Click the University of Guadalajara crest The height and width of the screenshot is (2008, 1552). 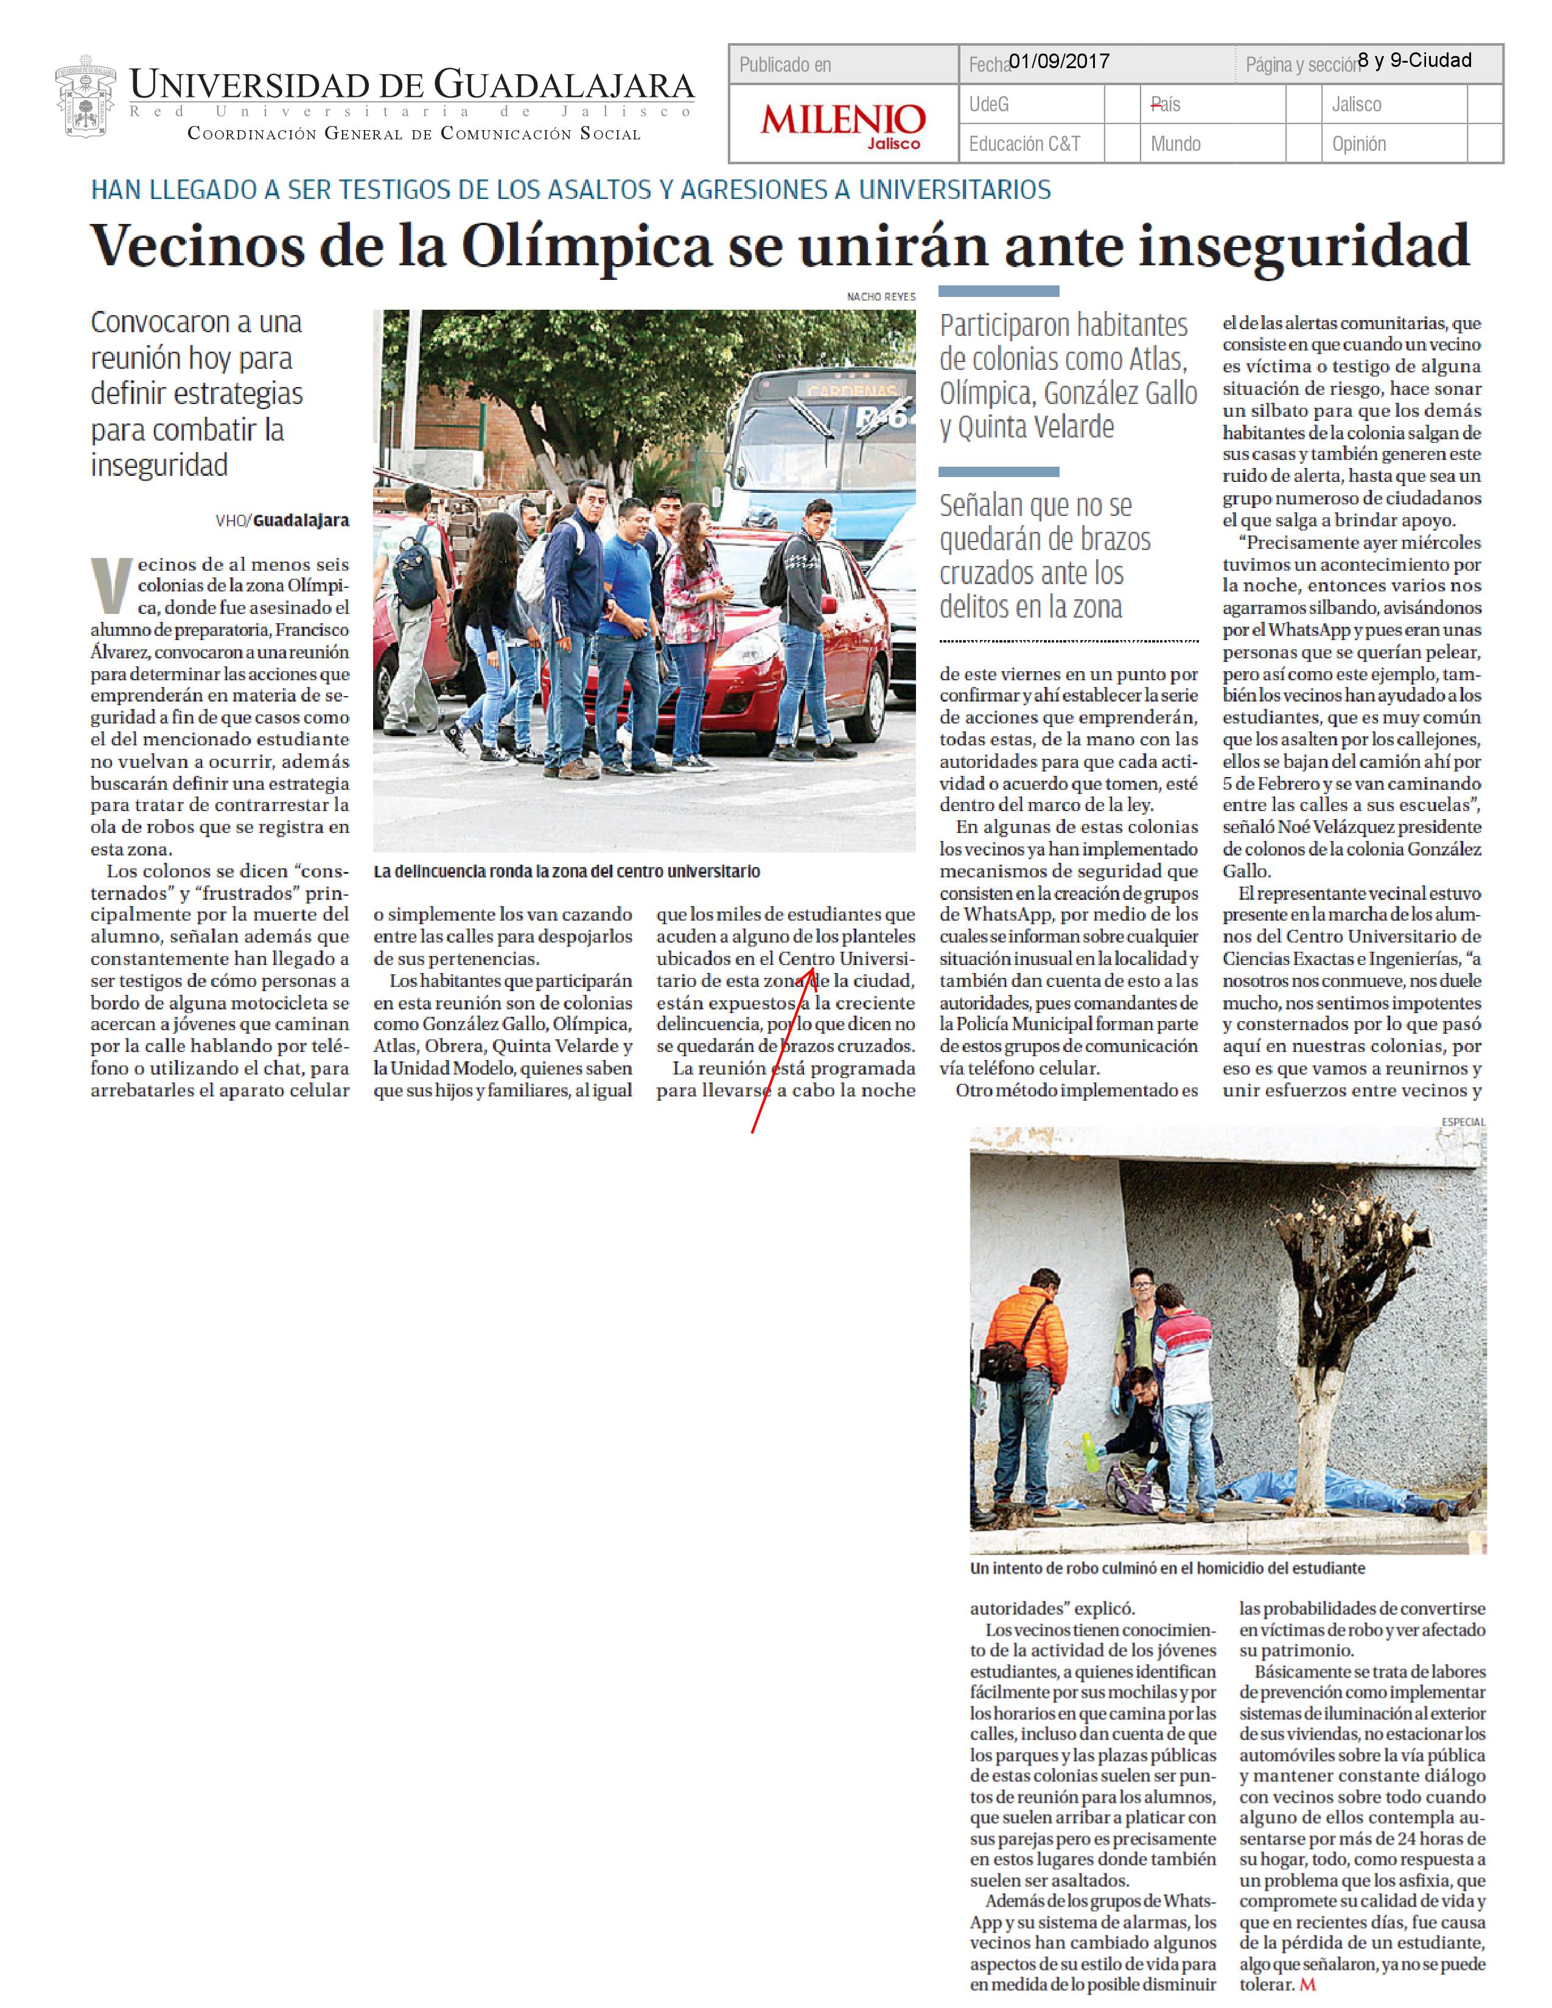click(x=85, y=100)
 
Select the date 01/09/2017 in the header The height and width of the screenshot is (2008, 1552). click(x=1059, y=61)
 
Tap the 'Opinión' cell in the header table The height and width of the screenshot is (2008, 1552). click(x=1359, y=144)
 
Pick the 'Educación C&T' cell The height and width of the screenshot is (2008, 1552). click(x=1024, y=144)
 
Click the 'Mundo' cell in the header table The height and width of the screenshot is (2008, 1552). click(x=1175, y=144)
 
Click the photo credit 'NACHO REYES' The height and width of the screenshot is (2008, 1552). click(x=881, y=297)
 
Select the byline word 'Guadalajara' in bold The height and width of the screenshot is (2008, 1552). click(x=301, y=520)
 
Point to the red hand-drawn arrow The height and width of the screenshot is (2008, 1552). click(x=783, y=1048)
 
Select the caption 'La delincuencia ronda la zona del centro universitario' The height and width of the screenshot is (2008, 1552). click(x=567, y=871)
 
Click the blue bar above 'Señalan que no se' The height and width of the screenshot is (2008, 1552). click(x=999, y=472)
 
